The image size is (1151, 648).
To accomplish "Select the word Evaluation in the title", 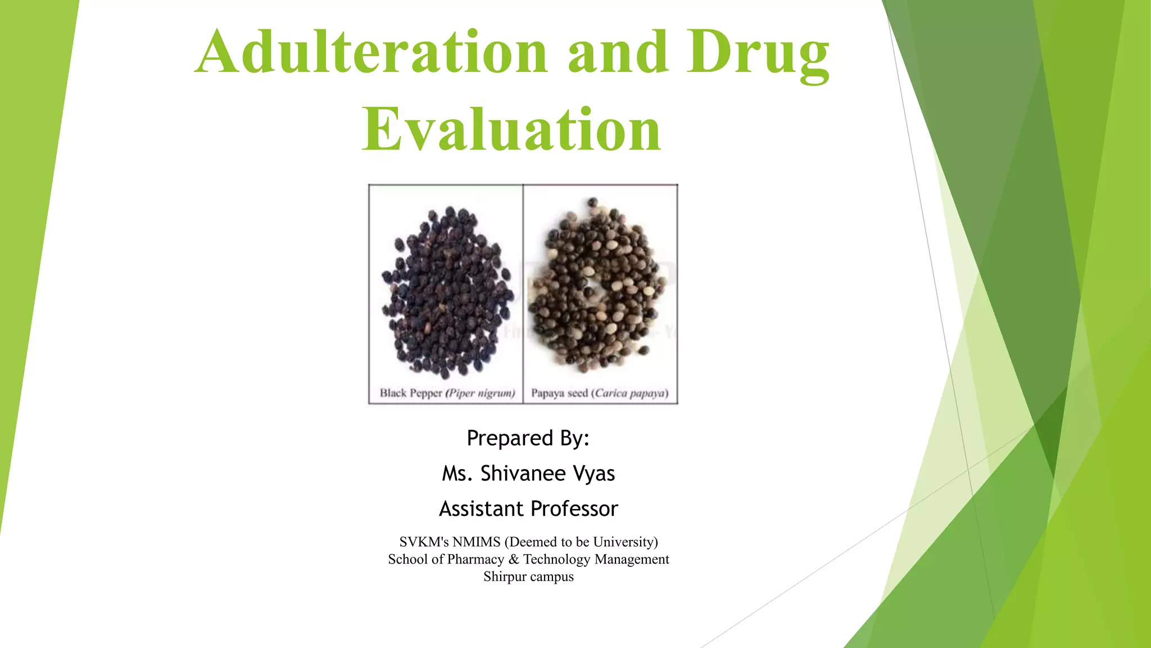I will point(511,130).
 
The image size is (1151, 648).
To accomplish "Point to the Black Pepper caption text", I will point(411,393).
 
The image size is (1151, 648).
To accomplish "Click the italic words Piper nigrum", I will point(481,393).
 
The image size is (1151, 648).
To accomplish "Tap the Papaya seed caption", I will point(559,393).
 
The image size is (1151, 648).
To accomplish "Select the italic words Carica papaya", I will point(631,393).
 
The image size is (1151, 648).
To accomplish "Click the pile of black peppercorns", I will point(446,292).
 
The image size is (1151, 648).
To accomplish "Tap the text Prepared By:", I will point(528,438).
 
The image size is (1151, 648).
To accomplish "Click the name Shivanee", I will point(523,474).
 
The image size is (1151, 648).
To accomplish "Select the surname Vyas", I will point(594,474).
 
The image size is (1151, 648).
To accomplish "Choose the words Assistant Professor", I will point(528,509).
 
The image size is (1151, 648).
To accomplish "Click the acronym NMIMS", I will point(476,542).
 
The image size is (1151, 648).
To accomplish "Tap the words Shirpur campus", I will point(528,577).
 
